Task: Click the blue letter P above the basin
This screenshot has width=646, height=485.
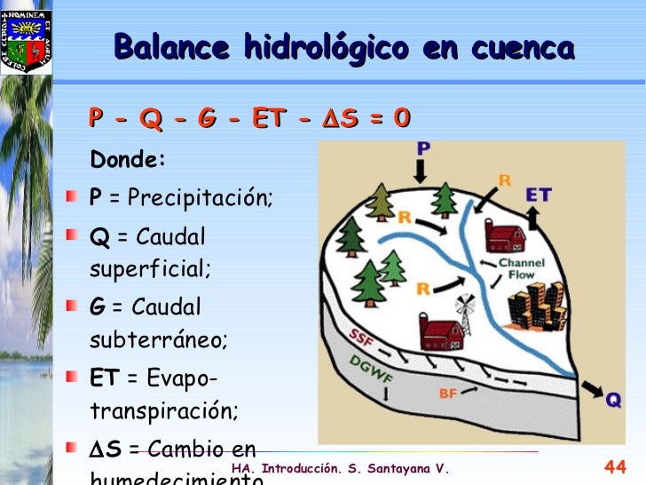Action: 422,148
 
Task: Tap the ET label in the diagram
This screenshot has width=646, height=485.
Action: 540,195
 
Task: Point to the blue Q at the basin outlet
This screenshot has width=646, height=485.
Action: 613,401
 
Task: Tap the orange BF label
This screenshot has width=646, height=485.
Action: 448,392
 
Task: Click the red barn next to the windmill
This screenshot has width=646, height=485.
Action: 441,334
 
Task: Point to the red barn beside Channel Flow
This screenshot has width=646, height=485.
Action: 506,237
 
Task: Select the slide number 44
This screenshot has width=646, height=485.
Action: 615,467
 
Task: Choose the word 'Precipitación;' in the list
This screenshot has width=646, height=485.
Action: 200,197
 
